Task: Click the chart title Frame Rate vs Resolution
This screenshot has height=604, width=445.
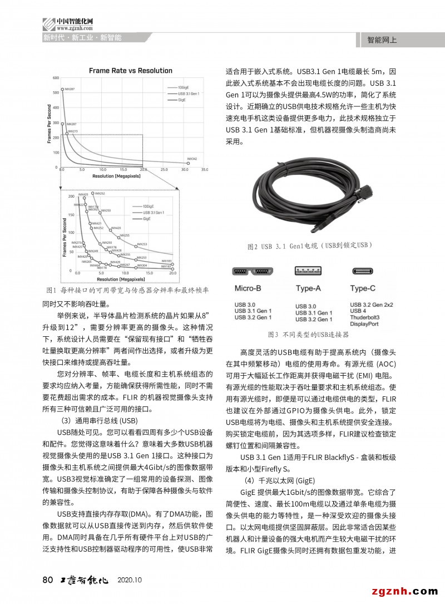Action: (131, 71)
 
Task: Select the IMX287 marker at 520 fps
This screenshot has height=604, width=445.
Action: (62, 89)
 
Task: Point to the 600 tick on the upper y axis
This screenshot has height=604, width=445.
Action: (56, 77)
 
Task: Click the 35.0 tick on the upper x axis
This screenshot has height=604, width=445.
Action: (204, 169)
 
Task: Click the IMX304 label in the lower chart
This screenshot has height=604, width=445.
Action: (142, 266)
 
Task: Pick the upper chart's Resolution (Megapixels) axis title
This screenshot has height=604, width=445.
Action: (116, 176)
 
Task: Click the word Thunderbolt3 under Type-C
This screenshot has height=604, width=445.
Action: (365, 317)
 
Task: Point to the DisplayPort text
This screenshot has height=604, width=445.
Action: (364, 323)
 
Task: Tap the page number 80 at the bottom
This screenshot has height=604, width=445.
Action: (47, 580)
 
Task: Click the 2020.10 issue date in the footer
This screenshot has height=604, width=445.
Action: (130, 580)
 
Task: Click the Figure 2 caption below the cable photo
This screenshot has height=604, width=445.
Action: (309, 245)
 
